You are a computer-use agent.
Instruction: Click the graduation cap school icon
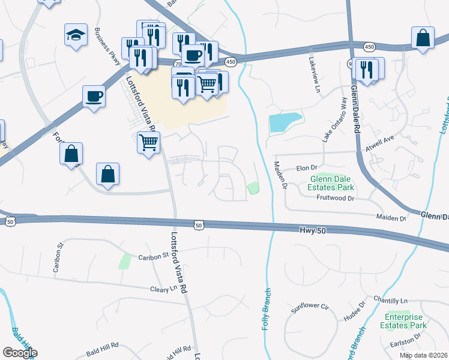[76, 35]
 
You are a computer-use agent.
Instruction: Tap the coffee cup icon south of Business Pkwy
[95, 96]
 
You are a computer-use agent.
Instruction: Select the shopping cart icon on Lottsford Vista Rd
[148, 143]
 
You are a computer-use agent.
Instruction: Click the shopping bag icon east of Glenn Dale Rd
[423, 38]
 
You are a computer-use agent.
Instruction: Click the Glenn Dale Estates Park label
[333, 182]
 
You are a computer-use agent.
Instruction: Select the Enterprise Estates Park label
[406, 321]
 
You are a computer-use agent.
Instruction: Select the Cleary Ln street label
[166, 289]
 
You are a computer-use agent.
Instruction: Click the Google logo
[20, 352]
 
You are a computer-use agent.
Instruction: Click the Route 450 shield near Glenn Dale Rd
[369, 46]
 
